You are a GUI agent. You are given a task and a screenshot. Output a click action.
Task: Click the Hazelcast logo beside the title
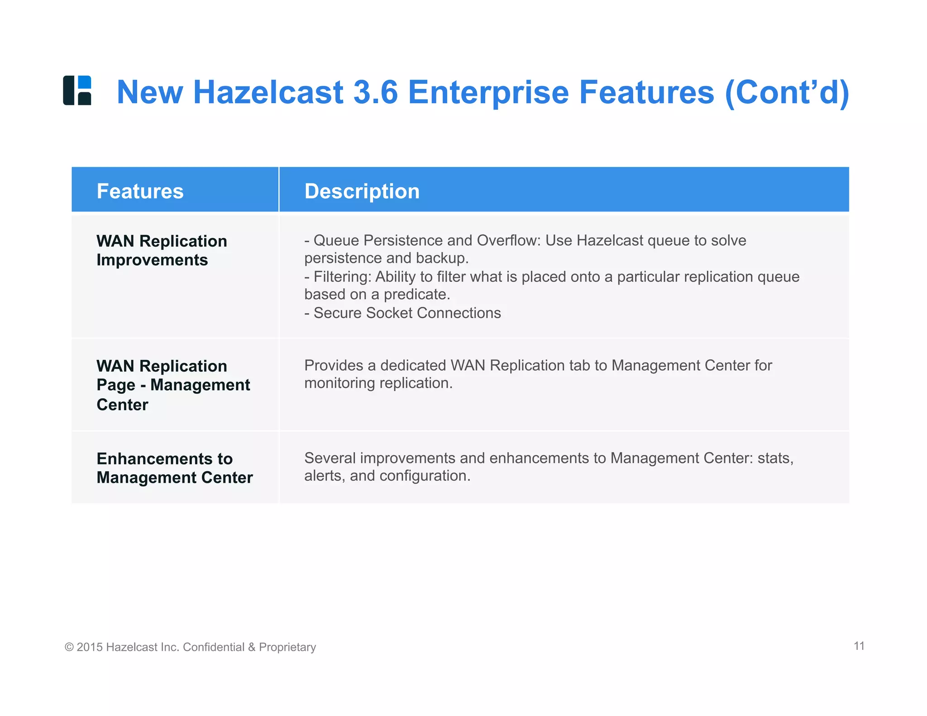point(77,91)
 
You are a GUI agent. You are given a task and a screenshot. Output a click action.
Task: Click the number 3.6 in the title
point(375,92)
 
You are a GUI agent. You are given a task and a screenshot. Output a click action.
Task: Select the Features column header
point(140,191)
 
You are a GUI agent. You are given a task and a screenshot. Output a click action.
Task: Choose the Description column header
point(362,191)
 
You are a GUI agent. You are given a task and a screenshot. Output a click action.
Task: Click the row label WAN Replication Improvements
point(162,250)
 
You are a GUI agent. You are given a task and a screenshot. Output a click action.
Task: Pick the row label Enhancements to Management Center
point(174,468)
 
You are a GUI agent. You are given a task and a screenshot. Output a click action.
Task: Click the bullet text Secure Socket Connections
point(407,313)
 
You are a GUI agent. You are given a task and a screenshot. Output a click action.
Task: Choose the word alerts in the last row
point(323,476)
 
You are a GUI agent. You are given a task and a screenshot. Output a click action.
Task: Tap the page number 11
point(859,646)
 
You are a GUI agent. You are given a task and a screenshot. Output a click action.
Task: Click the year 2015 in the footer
point(90,647)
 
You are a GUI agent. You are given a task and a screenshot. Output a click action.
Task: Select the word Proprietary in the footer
point(287,648)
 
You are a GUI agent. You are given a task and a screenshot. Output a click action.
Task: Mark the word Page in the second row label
point(116,385)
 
